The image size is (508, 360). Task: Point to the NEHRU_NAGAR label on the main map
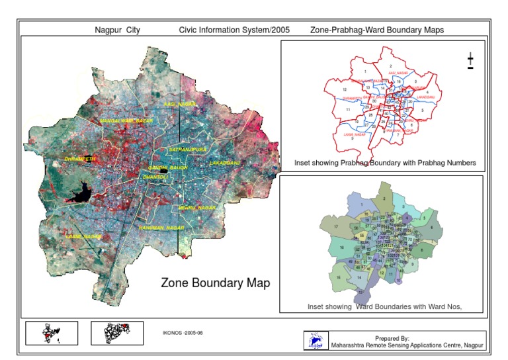197,208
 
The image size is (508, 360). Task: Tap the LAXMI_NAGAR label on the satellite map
83,236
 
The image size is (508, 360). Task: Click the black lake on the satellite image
81,195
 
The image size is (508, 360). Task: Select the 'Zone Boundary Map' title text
216,283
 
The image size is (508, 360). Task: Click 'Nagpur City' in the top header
117,30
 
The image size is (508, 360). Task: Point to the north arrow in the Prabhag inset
470,61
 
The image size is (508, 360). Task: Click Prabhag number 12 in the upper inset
344,89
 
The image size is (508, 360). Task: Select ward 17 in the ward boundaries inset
337,227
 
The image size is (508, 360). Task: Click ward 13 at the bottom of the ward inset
360,290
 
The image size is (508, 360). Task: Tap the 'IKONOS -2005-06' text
182,332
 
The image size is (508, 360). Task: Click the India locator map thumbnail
51,332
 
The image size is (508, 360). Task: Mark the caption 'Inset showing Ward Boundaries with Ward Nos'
384,306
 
